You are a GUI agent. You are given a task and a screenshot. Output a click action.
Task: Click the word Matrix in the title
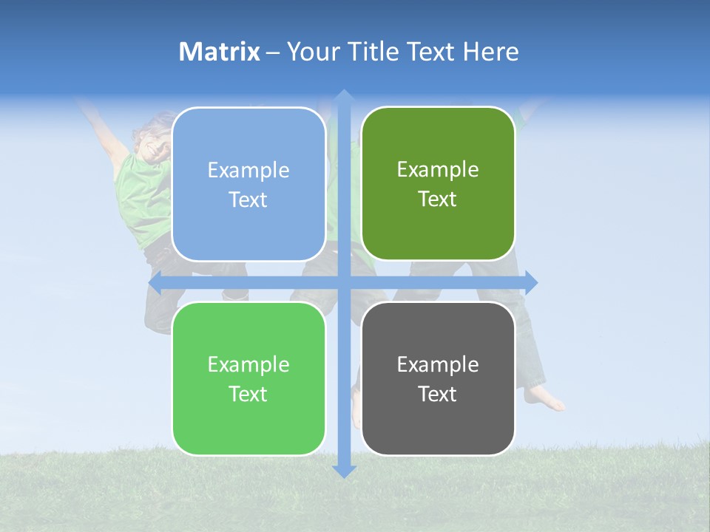220,52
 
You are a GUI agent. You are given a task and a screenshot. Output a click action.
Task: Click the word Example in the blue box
248,171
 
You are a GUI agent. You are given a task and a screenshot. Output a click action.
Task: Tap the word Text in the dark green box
438,199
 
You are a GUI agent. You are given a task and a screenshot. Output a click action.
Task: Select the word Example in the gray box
438,364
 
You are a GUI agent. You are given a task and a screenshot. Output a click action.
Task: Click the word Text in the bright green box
248,394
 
